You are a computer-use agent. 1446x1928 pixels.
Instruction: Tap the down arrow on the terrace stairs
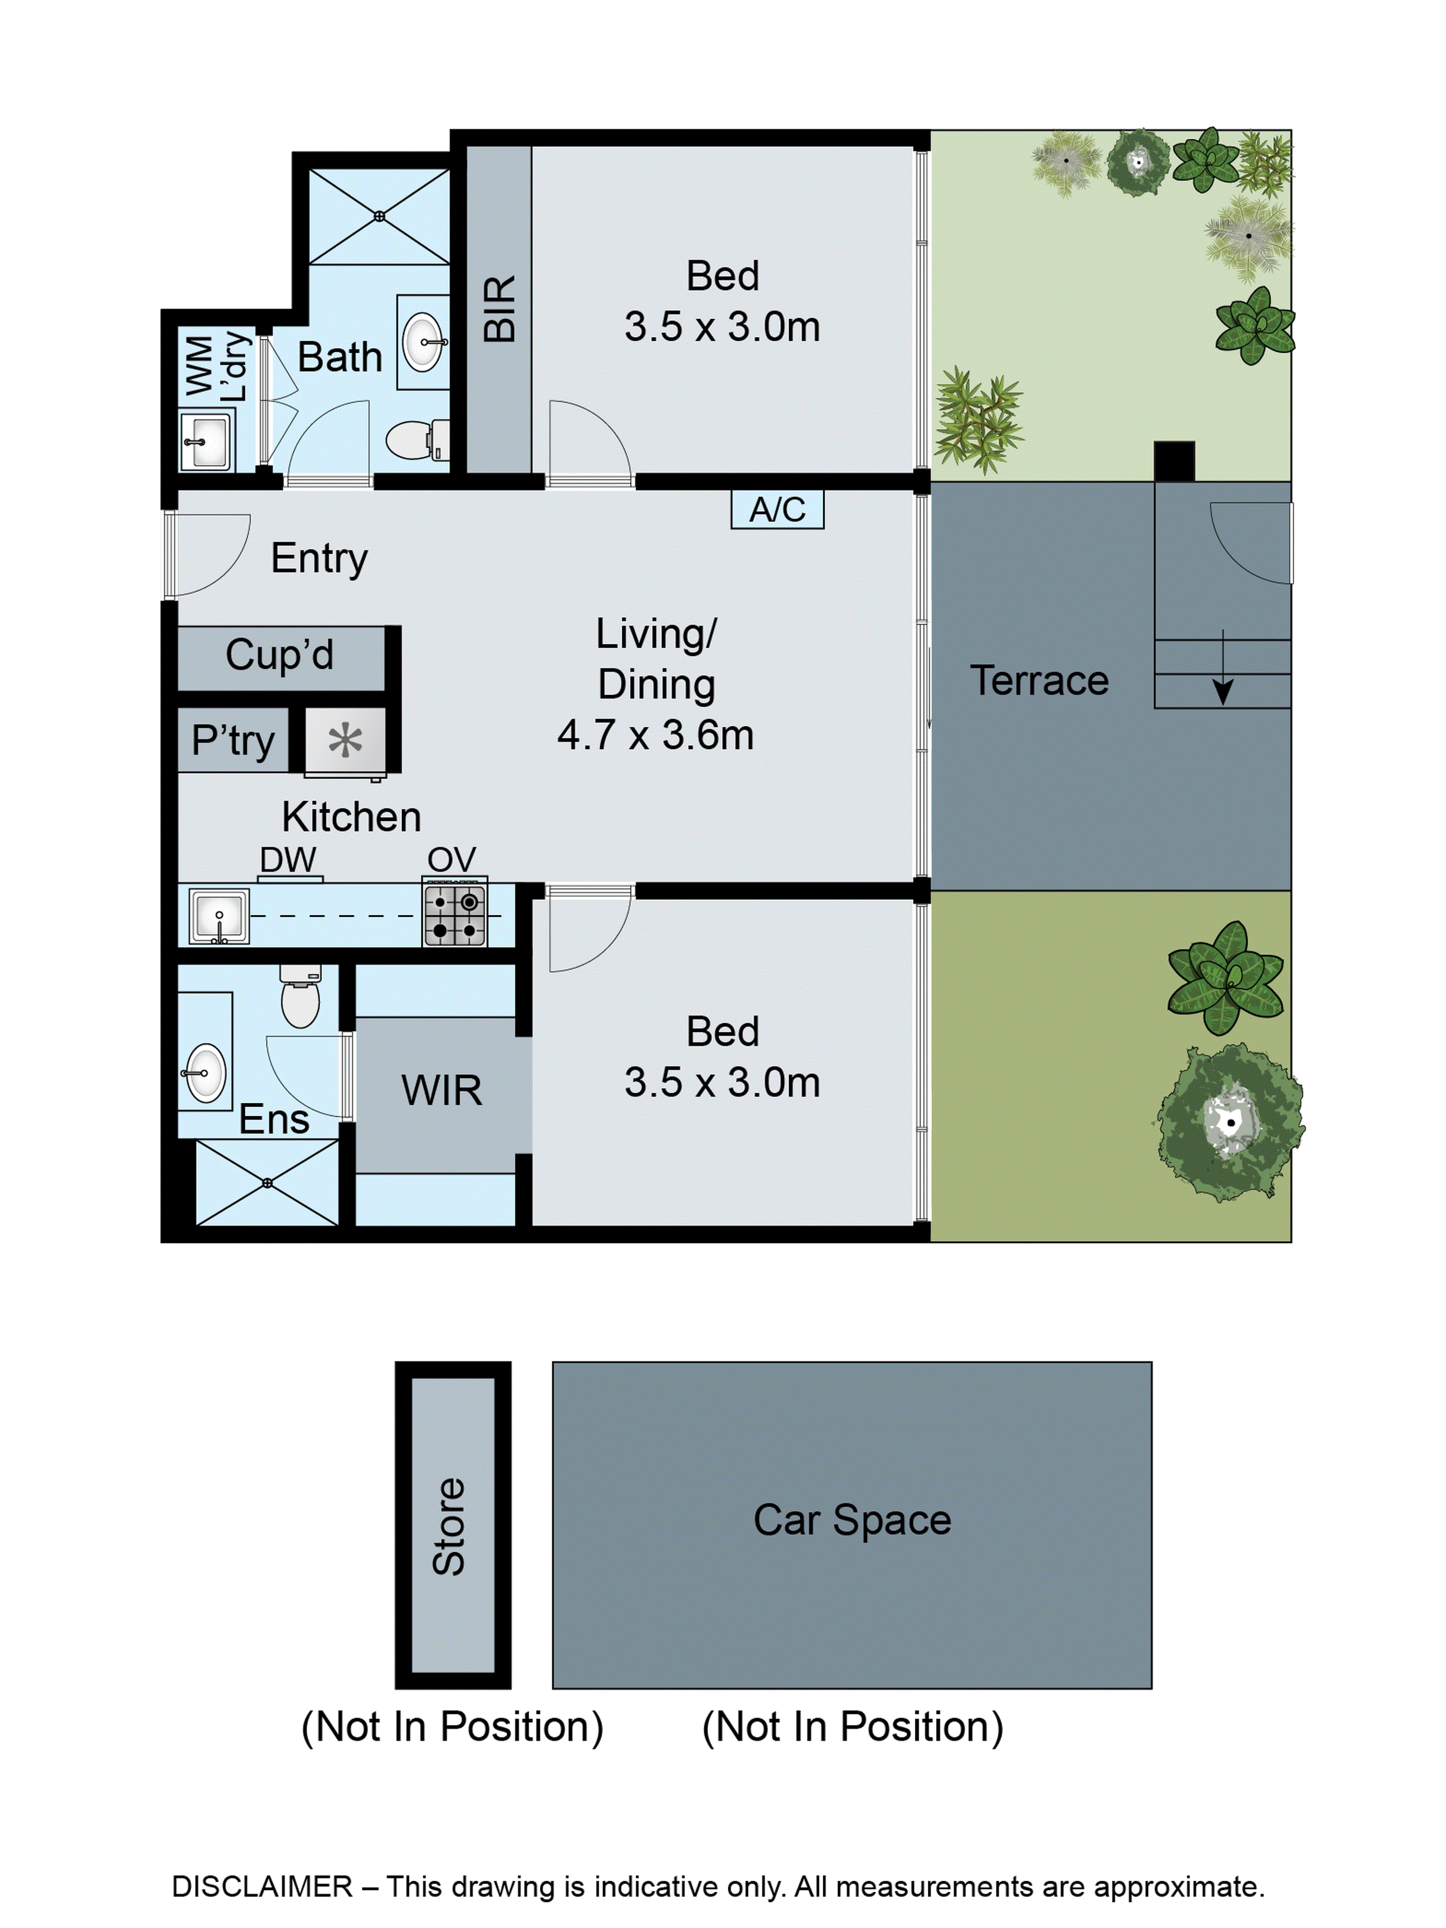click(x=1223, y=689)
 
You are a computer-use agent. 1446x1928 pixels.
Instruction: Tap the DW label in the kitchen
click(x=288, y=860)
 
